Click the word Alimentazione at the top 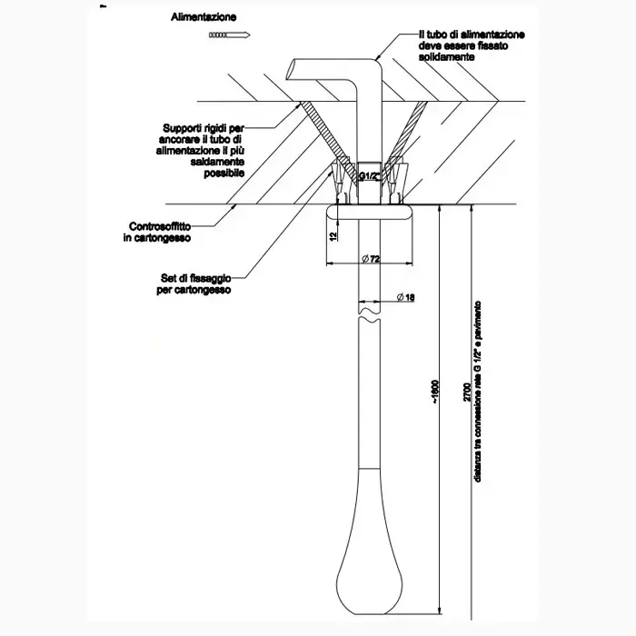(203, 17)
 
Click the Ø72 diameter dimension (369, 260)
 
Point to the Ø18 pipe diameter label (405, 298)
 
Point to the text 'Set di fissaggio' (192, 279)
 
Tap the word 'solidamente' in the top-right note (446, 56)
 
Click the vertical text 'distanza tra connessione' (479, 427)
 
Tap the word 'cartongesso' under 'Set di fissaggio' (194, 291)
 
